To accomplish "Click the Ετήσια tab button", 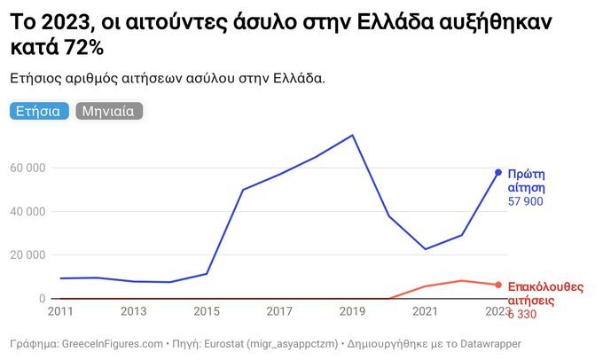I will click(x=38, y=112).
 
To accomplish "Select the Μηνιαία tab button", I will click(x=109, y=112).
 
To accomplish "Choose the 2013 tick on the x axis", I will click(x=133, y=311).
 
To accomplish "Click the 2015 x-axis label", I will click(x=207, y=311).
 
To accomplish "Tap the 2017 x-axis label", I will click(x=280, y=311).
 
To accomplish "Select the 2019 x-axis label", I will click(x=353, y=311).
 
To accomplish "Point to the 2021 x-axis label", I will click(x=427, y=311).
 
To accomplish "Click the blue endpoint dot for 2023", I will click(x=498, y=172).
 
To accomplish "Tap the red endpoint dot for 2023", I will click(x=498, y=285).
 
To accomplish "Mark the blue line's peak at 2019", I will click(x=353, y=136).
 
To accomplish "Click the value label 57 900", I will click(x=525, y=202).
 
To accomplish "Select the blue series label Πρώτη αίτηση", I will click(x=526, y=181).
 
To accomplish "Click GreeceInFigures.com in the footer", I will click(x=110, y=343).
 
